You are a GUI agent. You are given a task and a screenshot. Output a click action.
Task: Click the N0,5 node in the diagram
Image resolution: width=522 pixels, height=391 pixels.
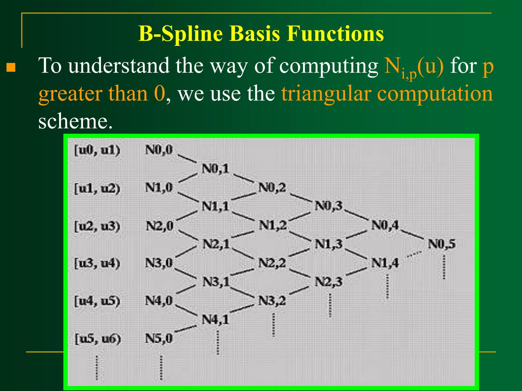(441, 244)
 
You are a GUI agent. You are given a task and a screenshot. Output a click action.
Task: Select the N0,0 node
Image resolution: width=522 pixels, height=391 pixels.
(159, 150)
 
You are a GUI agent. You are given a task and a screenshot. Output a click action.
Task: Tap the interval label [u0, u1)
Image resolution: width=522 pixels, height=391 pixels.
(97, 150)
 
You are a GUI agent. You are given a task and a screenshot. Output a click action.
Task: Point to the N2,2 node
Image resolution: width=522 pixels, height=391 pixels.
(272, 263)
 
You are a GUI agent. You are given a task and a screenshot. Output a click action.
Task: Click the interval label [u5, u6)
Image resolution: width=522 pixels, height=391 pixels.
(98, 339)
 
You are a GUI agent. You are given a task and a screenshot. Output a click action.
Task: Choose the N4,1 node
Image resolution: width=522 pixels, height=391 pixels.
(215, 319)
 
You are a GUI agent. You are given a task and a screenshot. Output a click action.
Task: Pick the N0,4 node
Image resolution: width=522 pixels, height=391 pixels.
(385, 225)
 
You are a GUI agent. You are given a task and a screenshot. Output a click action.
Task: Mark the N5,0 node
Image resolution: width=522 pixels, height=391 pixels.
(159, 339)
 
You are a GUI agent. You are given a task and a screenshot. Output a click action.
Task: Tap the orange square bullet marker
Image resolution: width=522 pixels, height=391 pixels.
(11, 67)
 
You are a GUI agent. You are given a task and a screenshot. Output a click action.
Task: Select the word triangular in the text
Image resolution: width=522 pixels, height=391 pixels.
(326, 94)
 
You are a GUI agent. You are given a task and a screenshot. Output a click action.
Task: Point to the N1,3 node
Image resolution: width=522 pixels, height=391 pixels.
(329, 244)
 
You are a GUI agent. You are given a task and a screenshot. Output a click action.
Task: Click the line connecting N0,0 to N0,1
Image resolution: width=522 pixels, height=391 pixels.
(187, 159)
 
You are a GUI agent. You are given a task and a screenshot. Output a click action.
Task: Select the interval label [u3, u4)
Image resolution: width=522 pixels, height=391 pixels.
(97, 263)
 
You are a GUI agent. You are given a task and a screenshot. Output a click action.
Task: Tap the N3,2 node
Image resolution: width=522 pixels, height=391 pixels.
(272, 301)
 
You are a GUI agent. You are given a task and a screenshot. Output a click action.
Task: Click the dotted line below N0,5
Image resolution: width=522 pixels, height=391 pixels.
(444, 267)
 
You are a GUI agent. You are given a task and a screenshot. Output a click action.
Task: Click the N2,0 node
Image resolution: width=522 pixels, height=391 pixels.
(160, 226)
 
